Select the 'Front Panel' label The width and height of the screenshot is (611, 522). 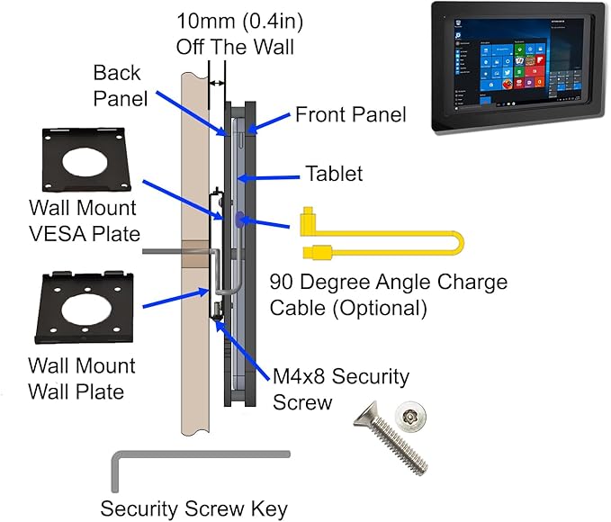(x=350, y=114)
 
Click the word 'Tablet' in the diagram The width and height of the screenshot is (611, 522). (x=334, y=173)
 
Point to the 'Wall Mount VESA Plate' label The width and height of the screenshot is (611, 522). (x=82, y=220)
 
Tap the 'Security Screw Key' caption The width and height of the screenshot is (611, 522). (x=193, y=508)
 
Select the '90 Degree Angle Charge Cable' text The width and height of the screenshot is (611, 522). (x=388, y=294)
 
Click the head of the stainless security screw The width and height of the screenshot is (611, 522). (x=409, y=415)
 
